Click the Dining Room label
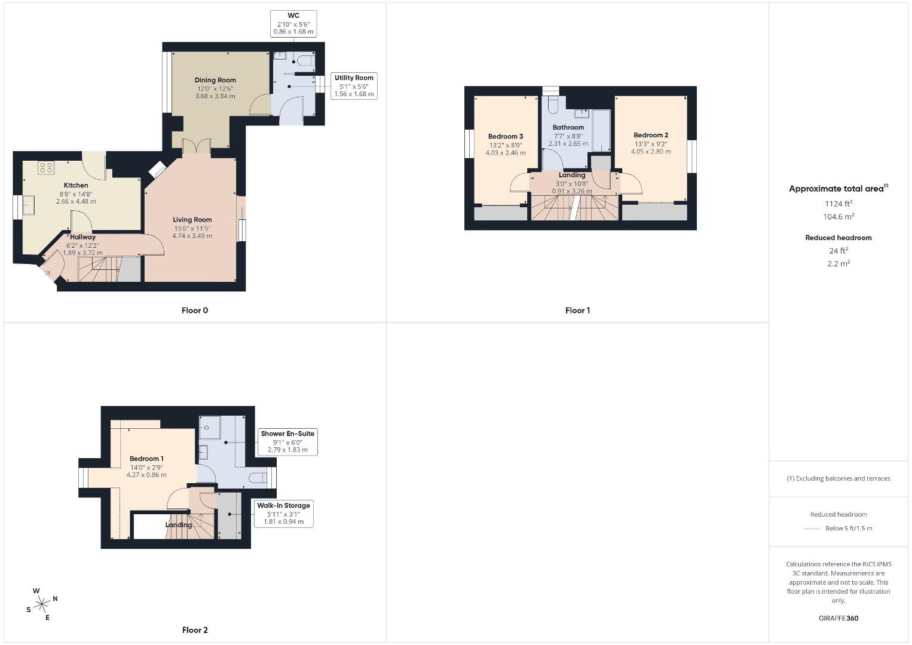tap(215, 80)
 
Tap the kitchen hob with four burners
tap(45, 168)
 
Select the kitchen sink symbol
tap(29, 204)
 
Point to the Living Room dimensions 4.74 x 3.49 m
tap(192, 236)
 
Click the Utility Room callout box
tap(354, 86)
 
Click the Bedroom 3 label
tap(505, 136)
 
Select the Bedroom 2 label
tap(651, 135)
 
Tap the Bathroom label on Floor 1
tap(568, 127)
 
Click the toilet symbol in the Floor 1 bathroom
tap(552, 104)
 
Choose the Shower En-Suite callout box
tap(287, 442)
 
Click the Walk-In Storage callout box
tap(283, 514)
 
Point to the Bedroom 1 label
tap(146, 459)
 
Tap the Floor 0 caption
tap(195, 311)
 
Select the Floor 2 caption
tap(195, 630)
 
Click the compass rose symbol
tap(41, 604)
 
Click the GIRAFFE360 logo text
tap(838, 618)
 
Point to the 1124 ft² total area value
tap(838, 204)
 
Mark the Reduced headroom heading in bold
tap(838, 238)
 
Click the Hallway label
tap(82, 237)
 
